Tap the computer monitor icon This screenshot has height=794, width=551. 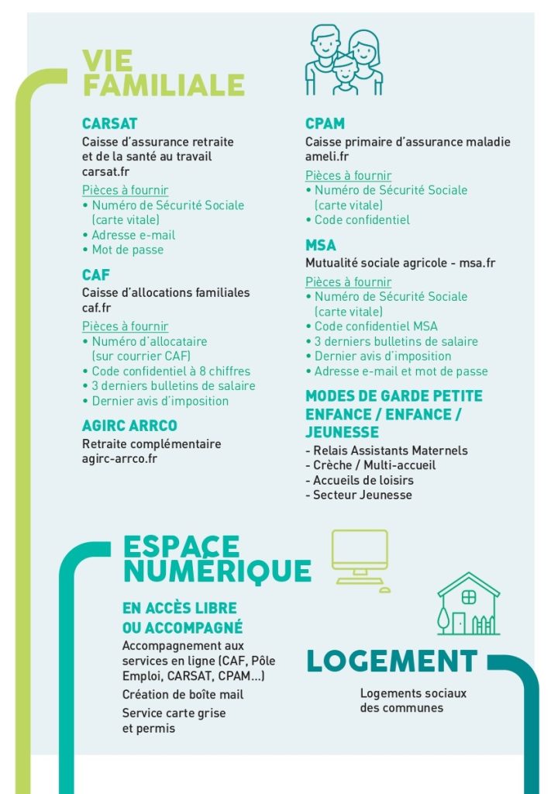[360, 561]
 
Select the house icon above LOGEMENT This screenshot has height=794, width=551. [468, 604]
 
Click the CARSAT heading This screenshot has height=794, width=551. [109, 123]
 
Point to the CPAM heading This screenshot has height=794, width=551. [325, 123]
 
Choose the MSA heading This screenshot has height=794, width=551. [321, 245]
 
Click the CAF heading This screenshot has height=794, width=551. [96, 274]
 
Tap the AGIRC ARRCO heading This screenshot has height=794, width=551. [129, 426]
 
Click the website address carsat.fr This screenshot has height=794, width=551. [105, 171]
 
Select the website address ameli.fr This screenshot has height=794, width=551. [327, 157]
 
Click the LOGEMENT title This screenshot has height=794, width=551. [392, 661]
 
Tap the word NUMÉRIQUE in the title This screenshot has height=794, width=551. [217, 571]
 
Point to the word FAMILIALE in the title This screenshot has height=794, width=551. [164, 85]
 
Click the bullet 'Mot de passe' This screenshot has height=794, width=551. [127, 250]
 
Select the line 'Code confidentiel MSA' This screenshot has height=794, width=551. [376, 326]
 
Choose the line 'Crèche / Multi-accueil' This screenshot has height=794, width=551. [374, 465]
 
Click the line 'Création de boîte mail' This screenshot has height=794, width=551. [183, 695]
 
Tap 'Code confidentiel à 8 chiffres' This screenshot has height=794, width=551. [170, 371]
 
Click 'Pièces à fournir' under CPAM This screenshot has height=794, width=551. [348, 176]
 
